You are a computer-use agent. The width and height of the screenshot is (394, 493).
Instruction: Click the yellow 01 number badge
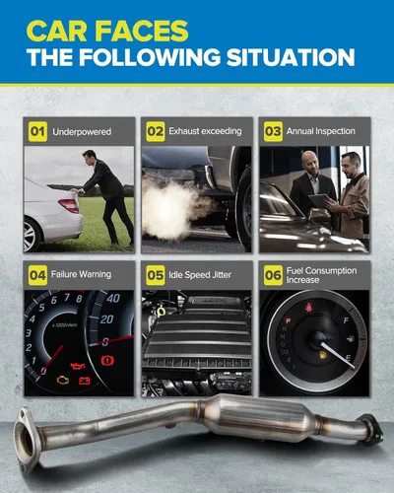[37, 132]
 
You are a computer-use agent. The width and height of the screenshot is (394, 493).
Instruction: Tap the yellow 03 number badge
[273, 131]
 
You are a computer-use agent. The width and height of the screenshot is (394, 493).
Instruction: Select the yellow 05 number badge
[156, 275]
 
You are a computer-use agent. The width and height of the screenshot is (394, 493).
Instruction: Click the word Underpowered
[82, 132]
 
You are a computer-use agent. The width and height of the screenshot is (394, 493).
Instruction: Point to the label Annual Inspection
[321, 131]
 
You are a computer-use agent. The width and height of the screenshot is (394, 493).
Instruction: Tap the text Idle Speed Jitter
[200, 275]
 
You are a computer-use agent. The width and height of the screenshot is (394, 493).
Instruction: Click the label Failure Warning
[81, 274]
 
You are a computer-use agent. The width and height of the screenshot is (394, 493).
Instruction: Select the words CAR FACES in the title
[107, 31]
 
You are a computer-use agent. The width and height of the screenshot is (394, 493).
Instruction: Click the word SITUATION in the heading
[291, 57]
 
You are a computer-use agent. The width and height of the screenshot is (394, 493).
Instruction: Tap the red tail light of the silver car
[69, 205]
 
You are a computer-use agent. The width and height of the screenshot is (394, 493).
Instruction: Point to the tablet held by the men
[319, 200]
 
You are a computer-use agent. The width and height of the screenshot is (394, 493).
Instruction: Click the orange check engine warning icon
[63, 381]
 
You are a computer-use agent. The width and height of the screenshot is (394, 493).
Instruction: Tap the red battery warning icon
[85, 381]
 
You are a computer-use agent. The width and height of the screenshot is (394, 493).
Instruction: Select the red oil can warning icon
[78, 365]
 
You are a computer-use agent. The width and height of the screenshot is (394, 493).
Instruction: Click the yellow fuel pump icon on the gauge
[323, 355]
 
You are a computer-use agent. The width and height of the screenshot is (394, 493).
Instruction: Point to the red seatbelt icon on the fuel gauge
[308, 308]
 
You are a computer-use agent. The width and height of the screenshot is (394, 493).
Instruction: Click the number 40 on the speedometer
[113, 298]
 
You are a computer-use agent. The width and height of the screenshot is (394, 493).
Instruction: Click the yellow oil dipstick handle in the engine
[161, 311]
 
